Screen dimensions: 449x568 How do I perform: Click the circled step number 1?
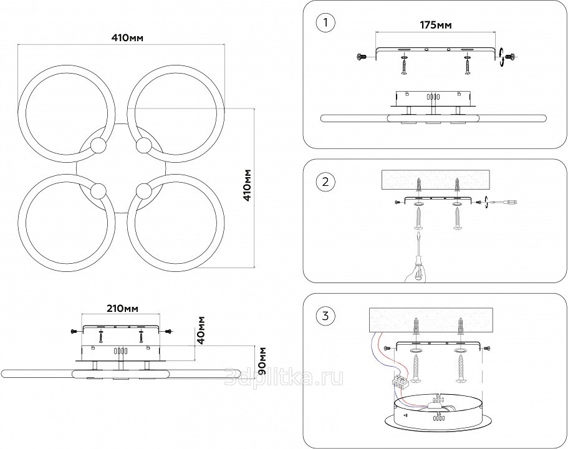click(325, 24)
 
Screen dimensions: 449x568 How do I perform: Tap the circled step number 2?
click(325, 183)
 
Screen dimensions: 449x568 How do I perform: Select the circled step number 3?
click(325, 316)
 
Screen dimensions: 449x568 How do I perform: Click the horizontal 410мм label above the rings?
click(127, 37)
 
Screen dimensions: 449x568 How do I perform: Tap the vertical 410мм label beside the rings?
click(248, 185)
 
